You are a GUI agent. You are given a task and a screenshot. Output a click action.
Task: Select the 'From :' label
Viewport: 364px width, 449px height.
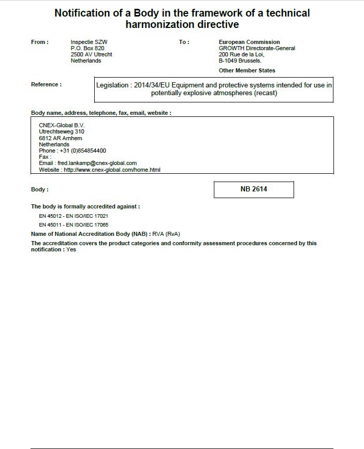click(x=40, y=42)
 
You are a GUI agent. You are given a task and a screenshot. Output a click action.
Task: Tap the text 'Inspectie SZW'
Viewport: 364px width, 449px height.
click(x=89, y=42)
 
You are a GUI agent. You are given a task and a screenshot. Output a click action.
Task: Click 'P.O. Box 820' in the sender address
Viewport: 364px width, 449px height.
click(x=88, y=48)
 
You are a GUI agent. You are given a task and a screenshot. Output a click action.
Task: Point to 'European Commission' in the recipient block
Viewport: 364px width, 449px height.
click(x=249, y=42)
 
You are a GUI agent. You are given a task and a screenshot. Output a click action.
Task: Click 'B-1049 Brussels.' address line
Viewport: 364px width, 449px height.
click(x=240, y=61)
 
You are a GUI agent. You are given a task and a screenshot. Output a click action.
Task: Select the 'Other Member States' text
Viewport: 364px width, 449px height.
click(x=247, y=70)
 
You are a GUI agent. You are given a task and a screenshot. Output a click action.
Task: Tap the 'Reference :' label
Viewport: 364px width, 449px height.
click(x=46, y=85)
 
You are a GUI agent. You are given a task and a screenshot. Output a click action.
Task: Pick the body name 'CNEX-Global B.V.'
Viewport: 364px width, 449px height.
click(x=62, y=125)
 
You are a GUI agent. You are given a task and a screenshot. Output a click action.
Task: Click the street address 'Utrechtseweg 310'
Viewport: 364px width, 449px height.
click(x=62, y=132)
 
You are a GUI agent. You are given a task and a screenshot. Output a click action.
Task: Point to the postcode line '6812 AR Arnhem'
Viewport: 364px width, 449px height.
click(x=61, y=138)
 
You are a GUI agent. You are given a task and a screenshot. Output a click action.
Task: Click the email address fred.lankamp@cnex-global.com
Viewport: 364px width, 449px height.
click(x=97, y=163)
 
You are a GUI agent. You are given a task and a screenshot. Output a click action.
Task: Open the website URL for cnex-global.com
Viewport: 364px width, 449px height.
click(x=112, y=170)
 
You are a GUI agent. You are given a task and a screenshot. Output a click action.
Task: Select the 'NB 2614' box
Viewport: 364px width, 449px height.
click(x=254, y=189)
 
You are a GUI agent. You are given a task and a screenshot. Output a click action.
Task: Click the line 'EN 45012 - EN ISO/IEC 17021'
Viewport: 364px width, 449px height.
click(x=74, y=216)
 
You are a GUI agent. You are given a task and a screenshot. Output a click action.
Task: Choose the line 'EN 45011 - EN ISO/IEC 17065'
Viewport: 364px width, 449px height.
click(x=74, y=225)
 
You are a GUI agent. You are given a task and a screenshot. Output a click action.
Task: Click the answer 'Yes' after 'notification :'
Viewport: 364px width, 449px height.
click(x=71, y=250)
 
